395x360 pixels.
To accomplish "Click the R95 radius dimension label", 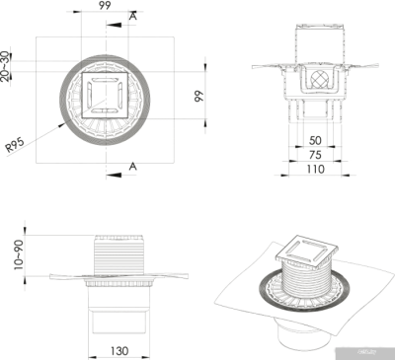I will coord(14,146).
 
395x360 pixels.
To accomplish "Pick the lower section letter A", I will coord(133,167).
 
